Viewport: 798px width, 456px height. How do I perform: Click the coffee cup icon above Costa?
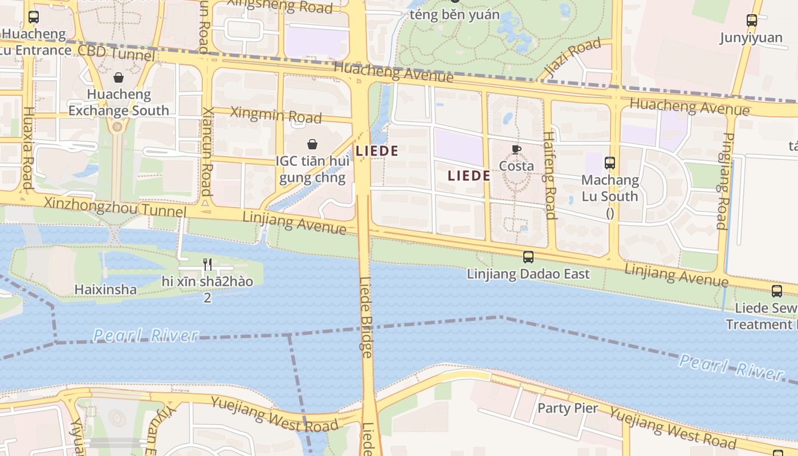point(516,150)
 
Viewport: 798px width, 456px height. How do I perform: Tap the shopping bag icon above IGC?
point(312,144)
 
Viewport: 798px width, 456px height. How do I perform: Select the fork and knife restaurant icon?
point(207,264)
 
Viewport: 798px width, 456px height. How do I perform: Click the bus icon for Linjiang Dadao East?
point(528,257)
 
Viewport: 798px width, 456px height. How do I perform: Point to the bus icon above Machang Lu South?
point(610,163)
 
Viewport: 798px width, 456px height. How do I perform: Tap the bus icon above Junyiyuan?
point(752,21)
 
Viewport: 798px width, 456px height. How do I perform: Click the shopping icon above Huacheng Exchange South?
point(119,78)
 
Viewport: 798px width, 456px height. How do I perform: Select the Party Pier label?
point(568,408)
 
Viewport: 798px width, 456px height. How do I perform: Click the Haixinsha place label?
point(105,290)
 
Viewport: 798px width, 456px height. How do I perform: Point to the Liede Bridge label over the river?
point(367,317)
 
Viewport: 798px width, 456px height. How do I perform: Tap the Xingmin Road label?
point(276,115)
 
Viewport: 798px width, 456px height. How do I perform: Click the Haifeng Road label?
point(549,175)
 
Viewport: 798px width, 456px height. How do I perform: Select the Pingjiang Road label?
point(725,181)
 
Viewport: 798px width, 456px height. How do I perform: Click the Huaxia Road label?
point(27,148)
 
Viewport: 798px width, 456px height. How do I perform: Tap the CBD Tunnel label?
point(116,54)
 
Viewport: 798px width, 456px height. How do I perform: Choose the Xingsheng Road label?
point(280,6)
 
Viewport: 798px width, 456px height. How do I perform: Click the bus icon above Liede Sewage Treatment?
point(777,291)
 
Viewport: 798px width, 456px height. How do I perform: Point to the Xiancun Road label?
point(207,150)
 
